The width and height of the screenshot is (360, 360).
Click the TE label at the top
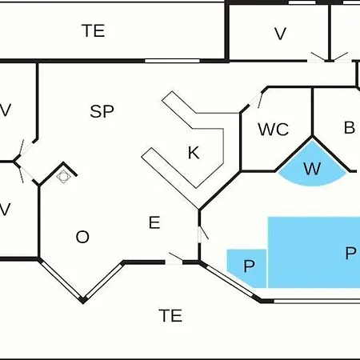93,30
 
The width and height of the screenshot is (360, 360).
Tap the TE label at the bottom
170,315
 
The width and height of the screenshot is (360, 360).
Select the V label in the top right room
280,34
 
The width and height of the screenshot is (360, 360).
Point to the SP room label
102,111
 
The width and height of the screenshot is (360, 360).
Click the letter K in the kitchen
194,153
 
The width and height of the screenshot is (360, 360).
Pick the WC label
274,130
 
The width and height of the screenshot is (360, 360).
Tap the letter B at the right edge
350,127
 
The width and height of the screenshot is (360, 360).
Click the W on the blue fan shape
312,169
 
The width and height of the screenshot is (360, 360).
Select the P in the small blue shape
249,266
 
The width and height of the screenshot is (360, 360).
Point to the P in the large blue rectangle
350,253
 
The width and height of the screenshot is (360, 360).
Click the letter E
154,222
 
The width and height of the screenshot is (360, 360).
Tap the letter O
82,237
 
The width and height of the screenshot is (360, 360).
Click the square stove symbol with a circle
63,176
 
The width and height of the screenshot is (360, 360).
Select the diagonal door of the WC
255,100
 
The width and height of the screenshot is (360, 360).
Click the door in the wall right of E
202,234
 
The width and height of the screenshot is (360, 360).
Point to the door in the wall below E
174,259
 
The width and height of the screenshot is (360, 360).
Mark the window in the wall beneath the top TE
172,61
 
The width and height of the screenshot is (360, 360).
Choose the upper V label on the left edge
6,110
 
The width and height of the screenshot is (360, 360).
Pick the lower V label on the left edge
5,209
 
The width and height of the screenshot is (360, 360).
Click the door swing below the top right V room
330,58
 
